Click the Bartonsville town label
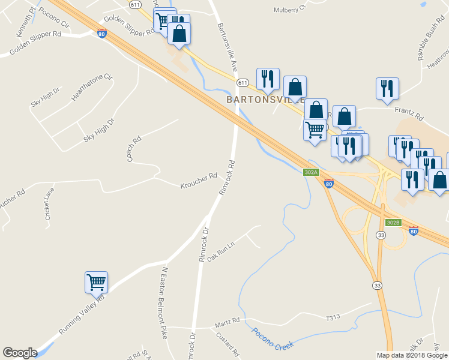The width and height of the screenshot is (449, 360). pos(265,98)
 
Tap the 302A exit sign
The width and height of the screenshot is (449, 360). pos(310,172)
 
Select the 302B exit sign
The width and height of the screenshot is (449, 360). pos(393,222)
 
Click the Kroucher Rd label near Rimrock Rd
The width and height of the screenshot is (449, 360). pos(198,181)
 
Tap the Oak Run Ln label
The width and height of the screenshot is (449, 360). pos(220,254)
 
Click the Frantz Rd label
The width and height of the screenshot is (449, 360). pos(409,110)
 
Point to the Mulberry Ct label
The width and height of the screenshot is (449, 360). pos(289,9)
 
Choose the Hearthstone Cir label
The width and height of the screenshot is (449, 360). pos(92,87)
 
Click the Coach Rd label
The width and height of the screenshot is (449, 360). pos(133,149)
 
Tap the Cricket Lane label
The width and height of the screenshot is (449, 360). pos(50,203)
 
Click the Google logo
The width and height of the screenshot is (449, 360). pos(19,353)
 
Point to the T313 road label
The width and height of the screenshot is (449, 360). pos(333,317)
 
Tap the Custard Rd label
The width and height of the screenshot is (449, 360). pos(229,345)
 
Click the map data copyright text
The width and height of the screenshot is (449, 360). pos(412,355)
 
